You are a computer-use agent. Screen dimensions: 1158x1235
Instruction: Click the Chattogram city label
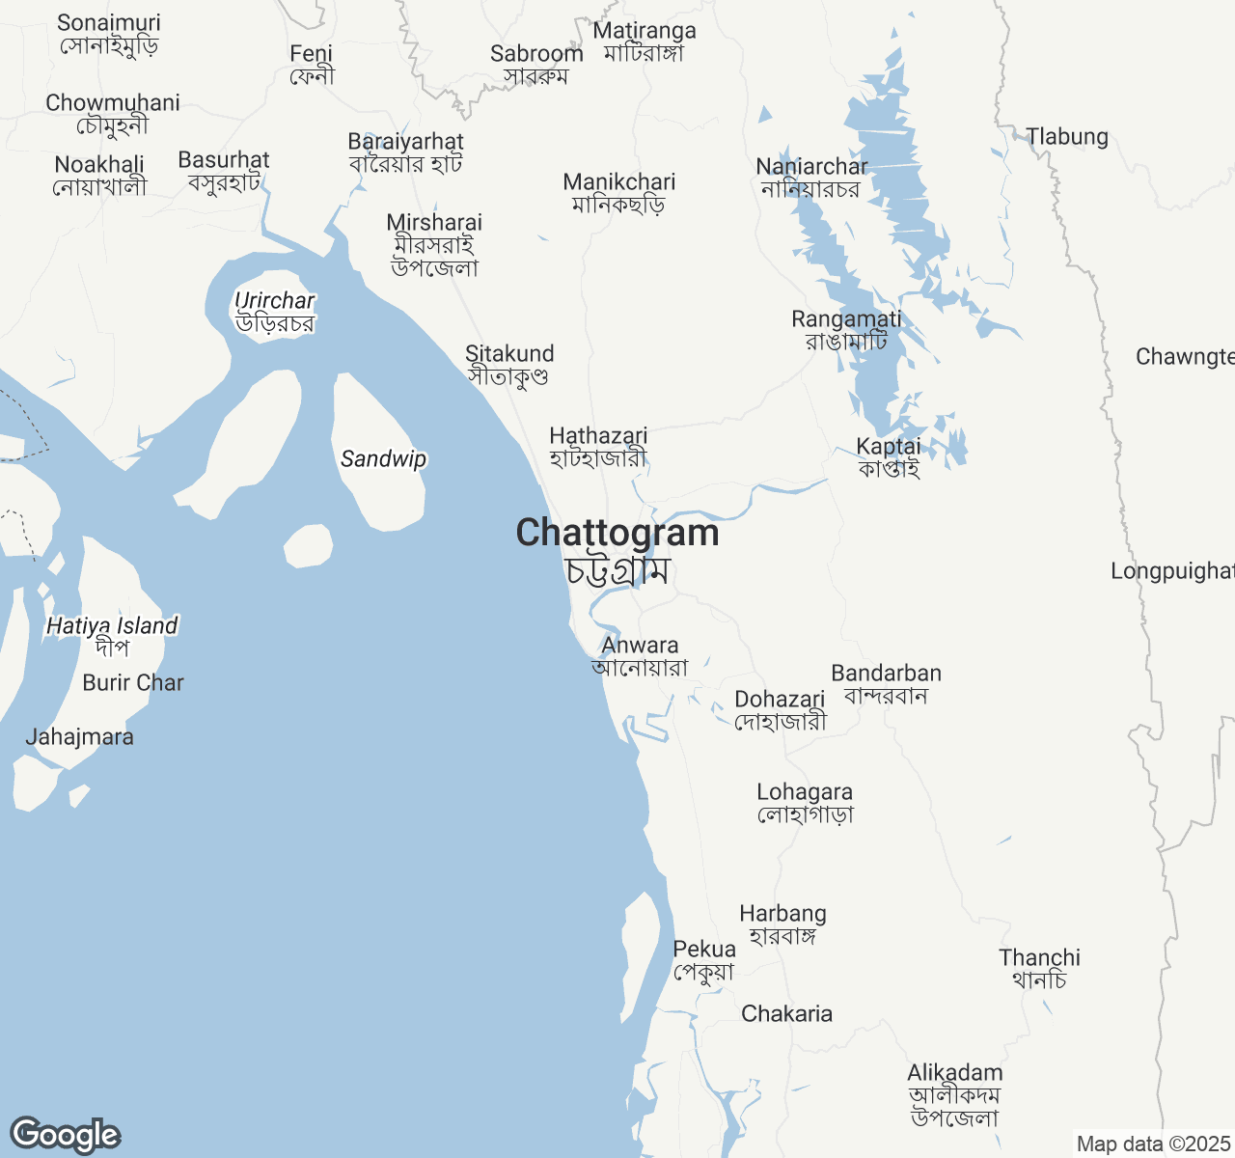tap(617, 534)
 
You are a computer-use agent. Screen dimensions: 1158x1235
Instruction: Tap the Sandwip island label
tap(383, 459)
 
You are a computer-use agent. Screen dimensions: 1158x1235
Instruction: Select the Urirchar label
tap(275, 302)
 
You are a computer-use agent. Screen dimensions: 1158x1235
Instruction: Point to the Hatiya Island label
tap(112, 626)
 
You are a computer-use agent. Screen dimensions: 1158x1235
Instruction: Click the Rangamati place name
tap(846, 319)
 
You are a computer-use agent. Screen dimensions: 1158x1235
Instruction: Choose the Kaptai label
tap(889, 447)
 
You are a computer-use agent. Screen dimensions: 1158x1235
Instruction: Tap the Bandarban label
tap(886, 674)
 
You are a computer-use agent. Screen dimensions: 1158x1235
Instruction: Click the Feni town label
tap(311, 54)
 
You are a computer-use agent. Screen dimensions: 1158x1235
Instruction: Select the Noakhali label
tap(99, 165)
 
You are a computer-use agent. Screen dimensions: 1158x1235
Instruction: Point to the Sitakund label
tap(509, 354)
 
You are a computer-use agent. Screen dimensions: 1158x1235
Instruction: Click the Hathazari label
tap(598, 436)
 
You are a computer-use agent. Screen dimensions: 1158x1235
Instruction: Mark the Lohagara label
tap(805, 792)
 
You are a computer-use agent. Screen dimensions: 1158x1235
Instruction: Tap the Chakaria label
tap(786, 1014)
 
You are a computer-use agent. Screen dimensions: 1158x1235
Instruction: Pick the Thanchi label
tap(1039, 958)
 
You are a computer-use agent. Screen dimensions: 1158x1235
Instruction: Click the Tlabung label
tap(1067, 137)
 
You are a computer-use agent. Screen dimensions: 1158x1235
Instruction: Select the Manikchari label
tap(619, 182)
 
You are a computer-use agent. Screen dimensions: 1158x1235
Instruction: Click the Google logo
tap(65, 1136)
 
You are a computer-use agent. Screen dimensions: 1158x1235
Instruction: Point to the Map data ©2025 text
tap(1153, 1144)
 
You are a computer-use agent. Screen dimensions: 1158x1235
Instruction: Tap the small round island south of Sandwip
tap(309, 546)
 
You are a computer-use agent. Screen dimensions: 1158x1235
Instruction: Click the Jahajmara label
tap(79, 737)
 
